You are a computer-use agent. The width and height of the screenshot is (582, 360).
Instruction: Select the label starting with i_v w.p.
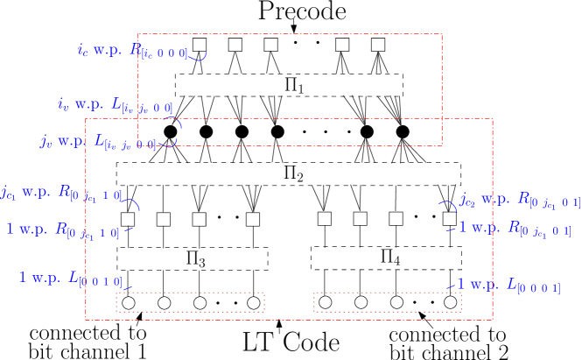[115, 105]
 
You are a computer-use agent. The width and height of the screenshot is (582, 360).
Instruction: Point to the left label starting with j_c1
[61, 193]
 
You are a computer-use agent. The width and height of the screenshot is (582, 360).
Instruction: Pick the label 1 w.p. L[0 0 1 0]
[71, 279]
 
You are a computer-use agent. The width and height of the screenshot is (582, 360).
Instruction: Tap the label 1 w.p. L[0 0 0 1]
[508, 286]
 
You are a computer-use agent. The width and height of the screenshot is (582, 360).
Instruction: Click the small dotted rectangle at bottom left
[190, 302]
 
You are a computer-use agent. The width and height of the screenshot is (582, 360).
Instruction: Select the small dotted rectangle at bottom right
[387, 302]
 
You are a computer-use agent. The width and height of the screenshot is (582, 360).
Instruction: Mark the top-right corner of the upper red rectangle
[441, 34]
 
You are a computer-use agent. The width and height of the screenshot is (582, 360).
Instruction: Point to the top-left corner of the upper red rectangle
[138, 34]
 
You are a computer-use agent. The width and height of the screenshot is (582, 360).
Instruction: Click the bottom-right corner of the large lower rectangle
[492, 319]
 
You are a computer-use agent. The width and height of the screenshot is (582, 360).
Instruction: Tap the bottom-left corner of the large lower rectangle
[86, 319]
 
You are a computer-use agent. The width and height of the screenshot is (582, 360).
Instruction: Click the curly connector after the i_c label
[198, 57]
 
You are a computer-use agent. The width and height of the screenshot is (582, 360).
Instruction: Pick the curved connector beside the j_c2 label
[448, 205]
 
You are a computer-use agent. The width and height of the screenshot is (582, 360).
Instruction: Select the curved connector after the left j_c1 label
[130, 204]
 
